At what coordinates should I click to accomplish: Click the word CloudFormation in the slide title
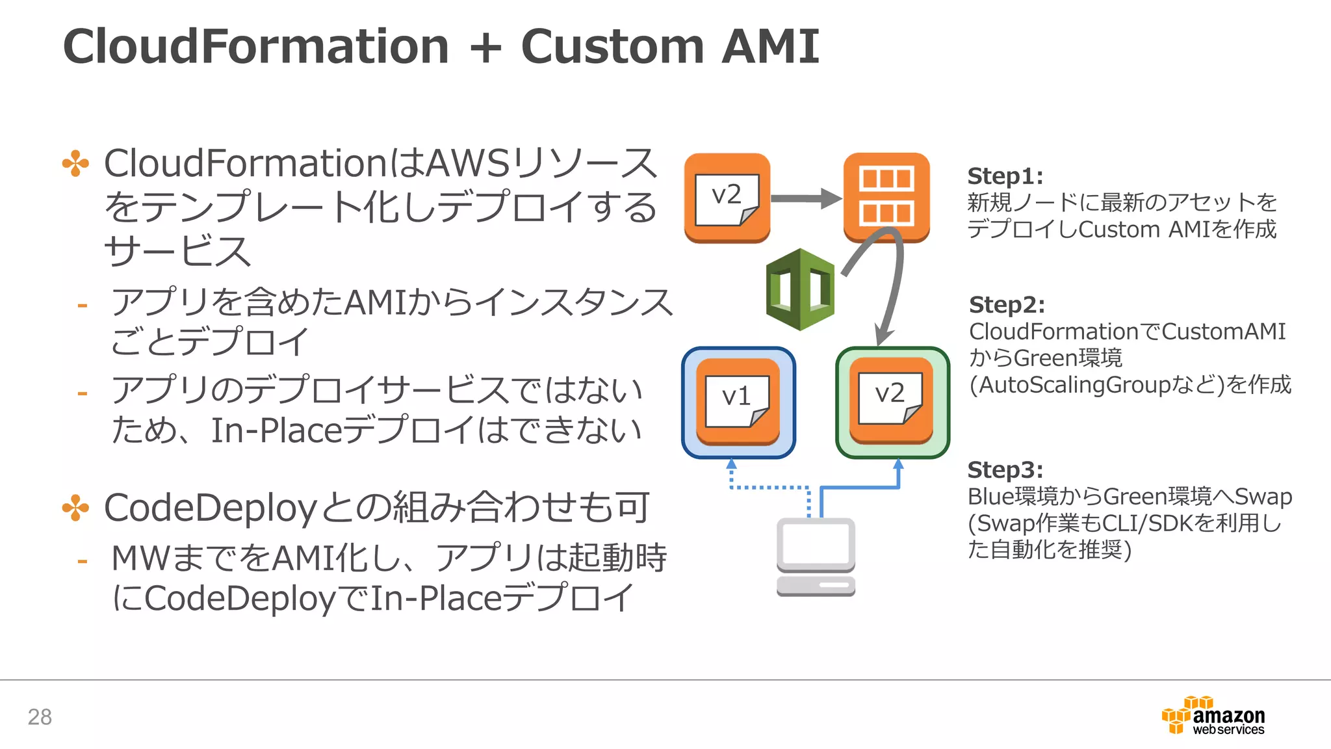click(255, 47)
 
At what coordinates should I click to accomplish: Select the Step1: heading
click(1005, 176)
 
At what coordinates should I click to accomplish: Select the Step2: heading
click(1006, 305)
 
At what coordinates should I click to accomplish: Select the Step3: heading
click(1005, 469)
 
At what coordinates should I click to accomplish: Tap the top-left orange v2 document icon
click(727, 198)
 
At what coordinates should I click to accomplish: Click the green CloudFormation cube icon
click(800, 289)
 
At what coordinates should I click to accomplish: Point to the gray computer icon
click(816, 557)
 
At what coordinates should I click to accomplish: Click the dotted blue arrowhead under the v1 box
click(732, 464)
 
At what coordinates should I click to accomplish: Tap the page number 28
click(40, 716)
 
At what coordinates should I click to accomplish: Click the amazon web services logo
click(1213, 716)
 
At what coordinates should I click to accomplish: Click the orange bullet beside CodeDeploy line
click(75, 508)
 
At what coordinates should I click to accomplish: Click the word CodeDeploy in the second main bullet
click(209, 508)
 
